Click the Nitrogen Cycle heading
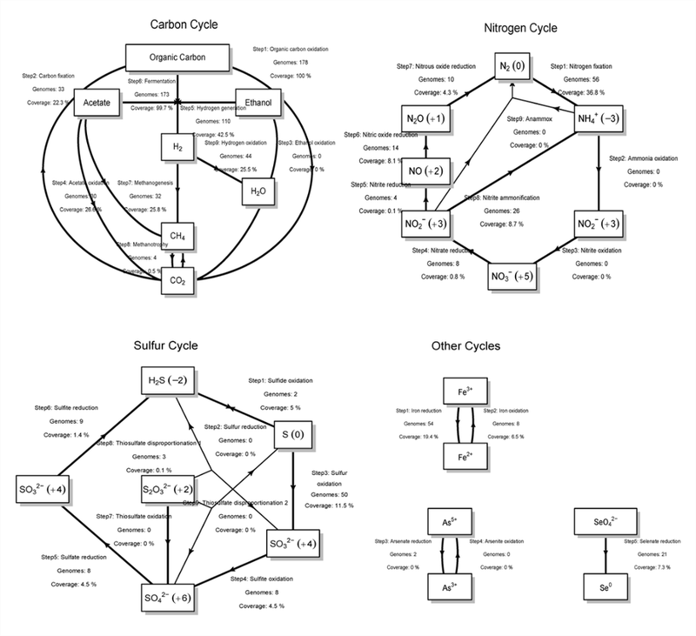tap(519, 29)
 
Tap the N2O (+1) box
tap(424, 117)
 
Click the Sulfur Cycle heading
tap(169, 346)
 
